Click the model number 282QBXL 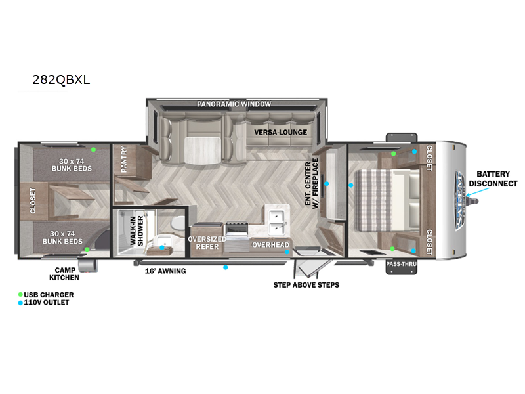coord(61,79)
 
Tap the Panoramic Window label coord(234,104)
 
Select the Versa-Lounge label coord(281,133)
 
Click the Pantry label coord(124,159)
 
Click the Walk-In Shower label coord(136,230)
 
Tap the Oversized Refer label coord(207,243)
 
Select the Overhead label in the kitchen coord(270,245)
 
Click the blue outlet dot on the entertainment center coord(326,184)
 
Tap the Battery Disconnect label coord(493,179)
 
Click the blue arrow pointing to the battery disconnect coord(478,192)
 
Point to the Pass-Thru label coord(402,264)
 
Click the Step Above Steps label coord(306,285)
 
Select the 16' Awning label coord(165,271)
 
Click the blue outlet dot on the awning coord(226,267)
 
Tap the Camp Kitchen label coord(64,274)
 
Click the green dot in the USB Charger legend coord(20,294)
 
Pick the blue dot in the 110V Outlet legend coord(20,303)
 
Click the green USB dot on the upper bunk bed coord(93,150)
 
